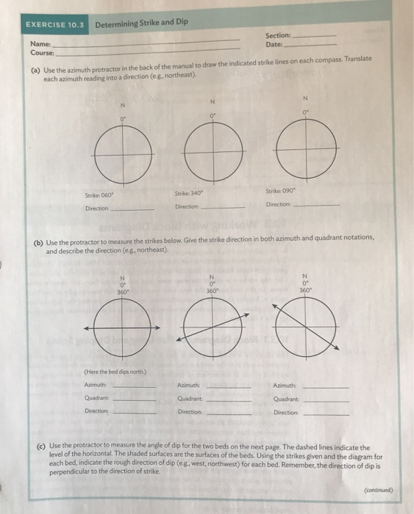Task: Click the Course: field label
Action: click(x=43, y=52)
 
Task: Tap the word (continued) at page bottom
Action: click(x=378, y=491)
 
